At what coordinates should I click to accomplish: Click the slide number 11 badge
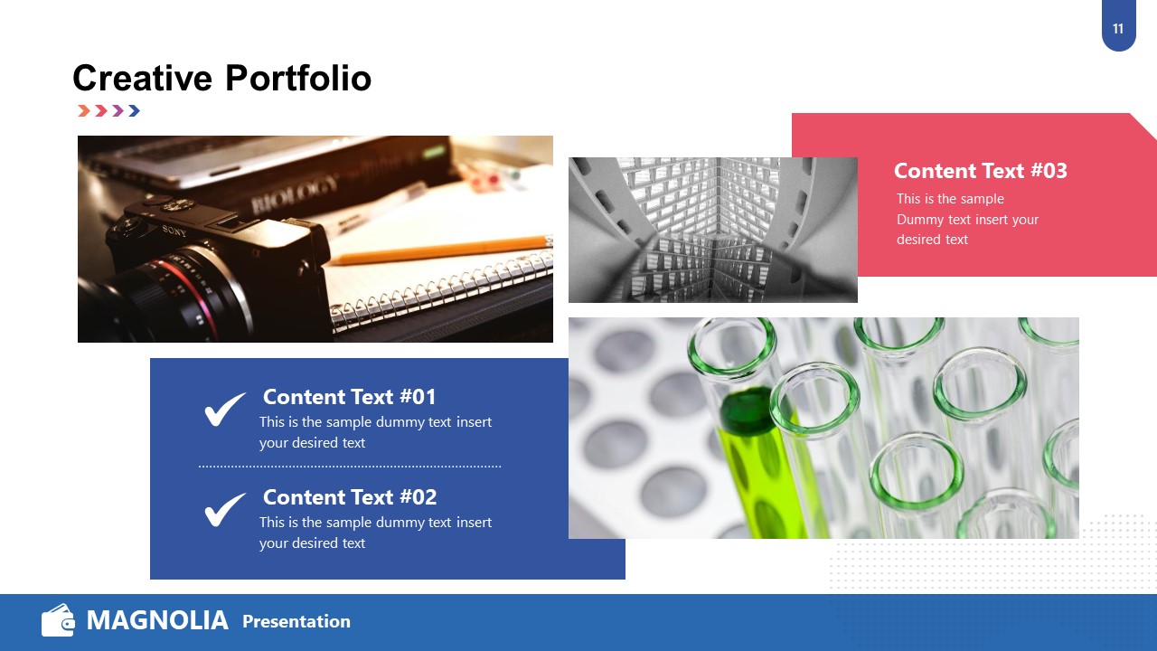[1118, 29]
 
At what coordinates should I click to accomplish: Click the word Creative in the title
[143, 79]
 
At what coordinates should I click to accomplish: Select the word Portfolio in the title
[297, 79]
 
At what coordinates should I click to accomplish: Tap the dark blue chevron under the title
[134, 111]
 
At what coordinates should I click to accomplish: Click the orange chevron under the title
[84, 111]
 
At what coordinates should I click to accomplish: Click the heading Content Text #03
[980, 171]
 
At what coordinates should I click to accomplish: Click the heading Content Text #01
[349, 397]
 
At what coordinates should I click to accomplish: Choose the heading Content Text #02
[349, 497]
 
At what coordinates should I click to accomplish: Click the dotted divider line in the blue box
[350, 467]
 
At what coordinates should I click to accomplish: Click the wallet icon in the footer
[58, 621]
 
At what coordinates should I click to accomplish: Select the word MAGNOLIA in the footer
[157, 621]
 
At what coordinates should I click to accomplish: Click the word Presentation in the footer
[296, 622]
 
